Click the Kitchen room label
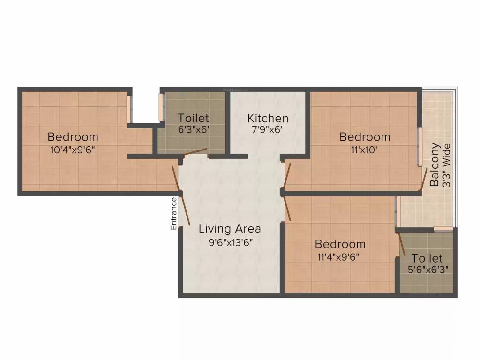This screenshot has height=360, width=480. coord(268,118)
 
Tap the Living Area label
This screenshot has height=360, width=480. coord(229,229)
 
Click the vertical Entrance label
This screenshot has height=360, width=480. coord(173,213)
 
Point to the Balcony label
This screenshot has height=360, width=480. coord(435,165)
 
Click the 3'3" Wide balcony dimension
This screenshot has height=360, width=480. coord(447,165)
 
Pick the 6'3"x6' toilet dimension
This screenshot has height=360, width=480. coord(194,130)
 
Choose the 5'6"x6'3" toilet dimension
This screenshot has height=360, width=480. coord(427,270)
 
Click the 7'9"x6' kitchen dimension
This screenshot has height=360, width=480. coord(268,130)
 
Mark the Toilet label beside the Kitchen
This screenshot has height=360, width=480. coord(194,118)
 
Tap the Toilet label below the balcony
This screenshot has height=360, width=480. coord(427,258)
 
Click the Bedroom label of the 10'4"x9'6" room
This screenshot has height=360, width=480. coord(73,137)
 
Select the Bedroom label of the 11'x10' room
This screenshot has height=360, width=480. coord(365,137)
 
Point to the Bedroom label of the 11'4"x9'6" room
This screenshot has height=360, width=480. coord(340,244)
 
